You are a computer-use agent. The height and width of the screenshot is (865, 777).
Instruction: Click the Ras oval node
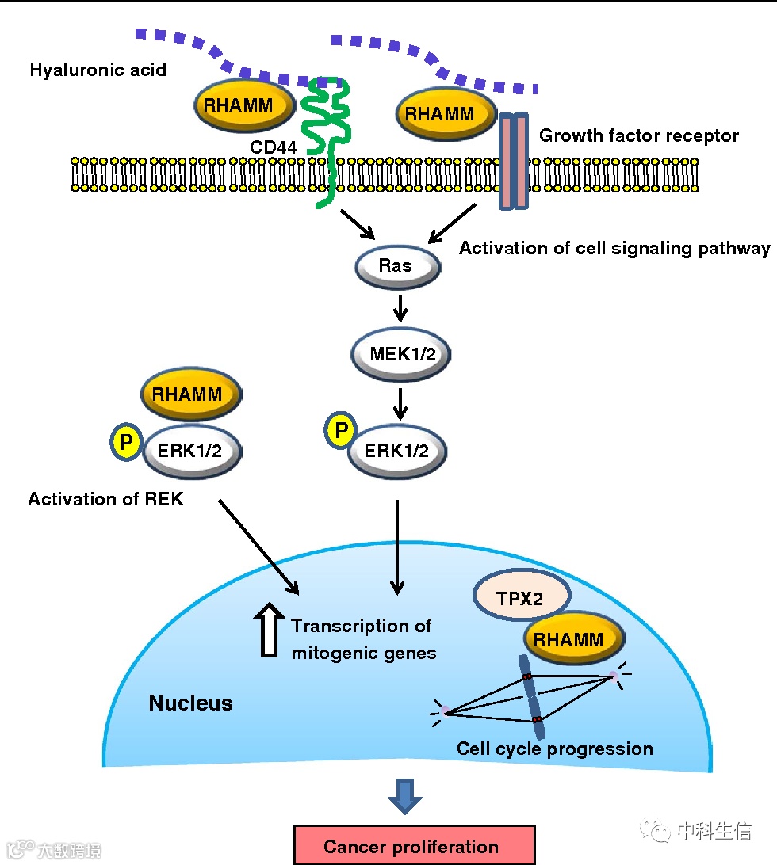point(396,266)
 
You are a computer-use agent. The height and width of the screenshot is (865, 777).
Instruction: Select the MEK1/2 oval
point(401,353)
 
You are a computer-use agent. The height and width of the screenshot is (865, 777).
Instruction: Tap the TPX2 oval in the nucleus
point(519,598)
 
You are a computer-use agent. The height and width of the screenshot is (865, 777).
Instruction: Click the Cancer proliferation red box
point(415,846)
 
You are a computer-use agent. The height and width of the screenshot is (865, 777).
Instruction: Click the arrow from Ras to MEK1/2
point(400,309)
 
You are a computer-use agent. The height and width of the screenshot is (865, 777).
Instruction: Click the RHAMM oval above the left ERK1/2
point(191,394)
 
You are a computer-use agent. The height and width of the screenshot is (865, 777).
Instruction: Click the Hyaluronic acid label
point(98,70)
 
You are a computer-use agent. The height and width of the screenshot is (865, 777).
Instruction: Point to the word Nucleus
point(191,703)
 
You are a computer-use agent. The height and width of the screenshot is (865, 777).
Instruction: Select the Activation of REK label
point(105,499)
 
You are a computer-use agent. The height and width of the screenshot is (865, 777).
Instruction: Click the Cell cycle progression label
point(555,749)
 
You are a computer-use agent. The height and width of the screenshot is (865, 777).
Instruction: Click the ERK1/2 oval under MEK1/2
point(396,451)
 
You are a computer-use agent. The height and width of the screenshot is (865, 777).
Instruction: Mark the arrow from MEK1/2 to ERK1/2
point(400,403)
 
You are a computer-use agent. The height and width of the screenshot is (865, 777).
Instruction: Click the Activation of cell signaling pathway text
point(614,248)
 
